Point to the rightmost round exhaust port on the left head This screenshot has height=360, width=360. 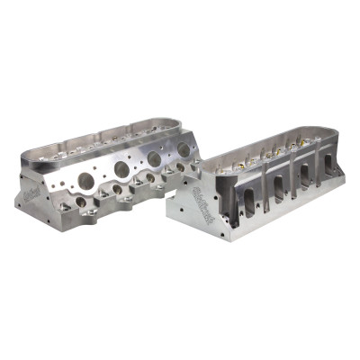[184, 149]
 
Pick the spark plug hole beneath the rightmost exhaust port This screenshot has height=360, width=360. [183, 167]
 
